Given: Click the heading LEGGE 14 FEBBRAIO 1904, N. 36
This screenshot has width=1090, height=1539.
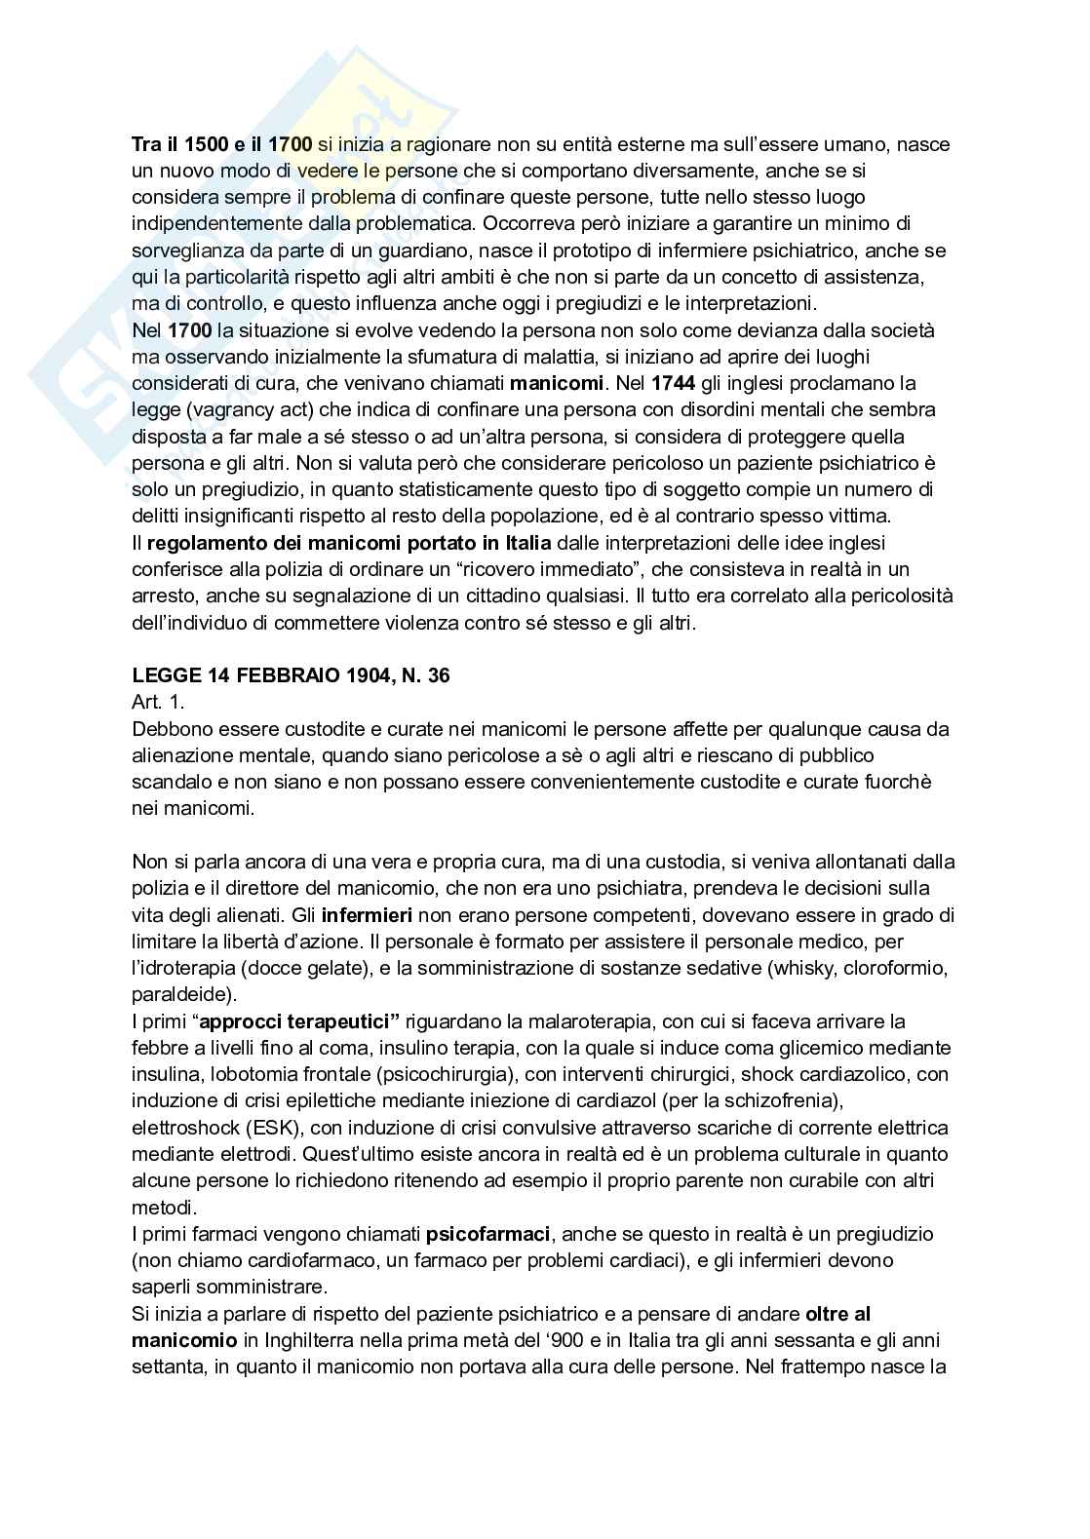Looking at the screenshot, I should [291, 675].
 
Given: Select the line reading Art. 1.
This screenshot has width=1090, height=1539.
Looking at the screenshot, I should [158, 702].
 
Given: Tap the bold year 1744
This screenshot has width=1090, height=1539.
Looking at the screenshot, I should [672, 383].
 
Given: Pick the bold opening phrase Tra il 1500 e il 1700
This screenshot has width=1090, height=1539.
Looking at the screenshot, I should [221, 144].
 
